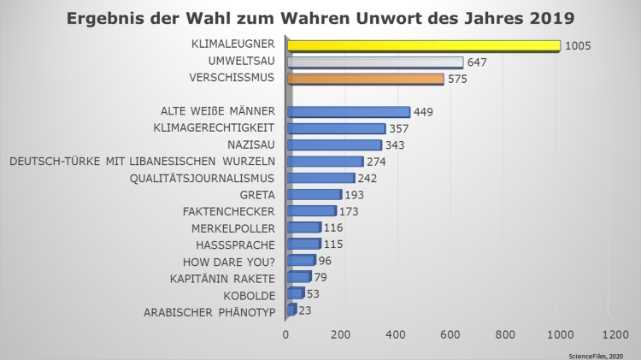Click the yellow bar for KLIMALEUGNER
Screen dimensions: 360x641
pos(424,45)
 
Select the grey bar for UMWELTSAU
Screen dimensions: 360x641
pos(375,62)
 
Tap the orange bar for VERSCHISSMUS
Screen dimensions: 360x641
pos(366,79)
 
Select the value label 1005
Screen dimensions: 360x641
pos(579,46)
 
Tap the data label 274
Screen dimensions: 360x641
pos(377,162)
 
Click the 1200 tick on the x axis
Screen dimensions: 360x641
pos(615,333)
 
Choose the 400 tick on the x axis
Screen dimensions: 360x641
pos(396,333)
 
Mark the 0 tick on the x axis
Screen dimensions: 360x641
pos(286,333)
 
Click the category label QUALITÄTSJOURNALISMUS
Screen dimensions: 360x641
pos(202,178)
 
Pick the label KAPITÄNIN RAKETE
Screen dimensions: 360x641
pos(221,278)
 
